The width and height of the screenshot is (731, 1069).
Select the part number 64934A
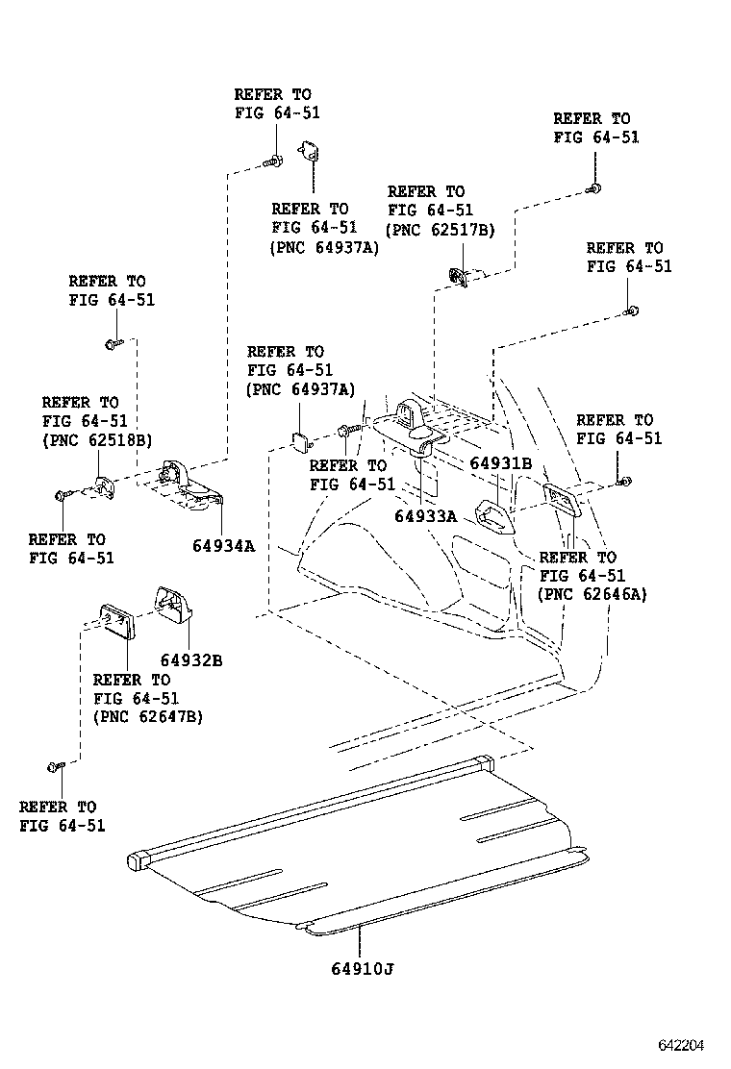(223, 546)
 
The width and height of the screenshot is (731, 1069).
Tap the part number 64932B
(191, 660)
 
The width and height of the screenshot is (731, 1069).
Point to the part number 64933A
(425, 516)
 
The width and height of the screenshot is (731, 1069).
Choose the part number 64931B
(500, 463)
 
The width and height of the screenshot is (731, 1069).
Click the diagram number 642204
(682, 1045)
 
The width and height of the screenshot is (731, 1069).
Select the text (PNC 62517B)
(441, 230)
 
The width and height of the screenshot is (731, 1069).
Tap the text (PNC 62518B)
(96, 439)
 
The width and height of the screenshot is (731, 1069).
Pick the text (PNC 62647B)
(148, 716)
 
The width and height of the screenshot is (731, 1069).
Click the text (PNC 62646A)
(592, 594)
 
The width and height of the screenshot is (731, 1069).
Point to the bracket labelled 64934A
(192, 486)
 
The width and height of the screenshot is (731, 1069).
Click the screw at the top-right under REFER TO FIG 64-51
(596, 188)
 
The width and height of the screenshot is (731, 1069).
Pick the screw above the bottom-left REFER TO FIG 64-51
(55, 766)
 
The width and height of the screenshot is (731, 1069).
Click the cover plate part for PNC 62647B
(117, 619)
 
